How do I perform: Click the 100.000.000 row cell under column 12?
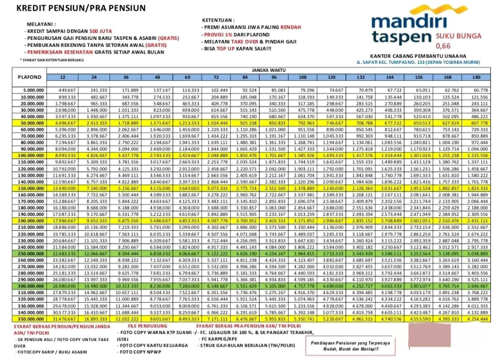point(66,155)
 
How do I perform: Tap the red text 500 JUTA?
point(100,31)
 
